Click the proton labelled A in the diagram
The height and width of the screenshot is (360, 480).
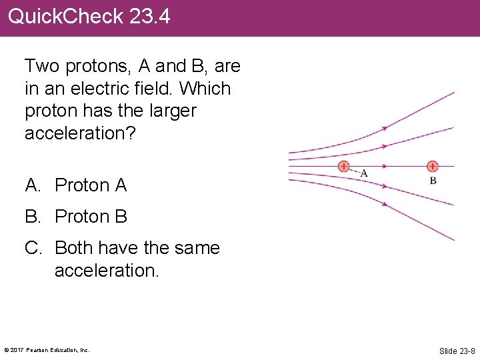pos(343,166)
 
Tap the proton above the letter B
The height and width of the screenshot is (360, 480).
pos(432,166)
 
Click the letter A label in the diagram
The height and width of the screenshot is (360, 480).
pos(364,173)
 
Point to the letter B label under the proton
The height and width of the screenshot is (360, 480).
pos(433,180)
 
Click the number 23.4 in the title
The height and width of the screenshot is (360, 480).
pos(150,16)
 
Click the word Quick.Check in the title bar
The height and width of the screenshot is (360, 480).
pos(65,16)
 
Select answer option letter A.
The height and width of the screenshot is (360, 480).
pos(31,185)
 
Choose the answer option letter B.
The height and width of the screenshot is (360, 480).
pos(31,217)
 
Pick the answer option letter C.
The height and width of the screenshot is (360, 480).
pos(31,248)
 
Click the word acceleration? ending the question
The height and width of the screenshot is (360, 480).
pos(80,133)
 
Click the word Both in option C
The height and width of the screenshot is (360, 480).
pos(75,248)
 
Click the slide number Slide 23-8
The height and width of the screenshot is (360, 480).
pos(457,351)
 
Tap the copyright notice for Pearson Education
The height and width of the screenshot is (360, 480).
pos(47,350)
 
